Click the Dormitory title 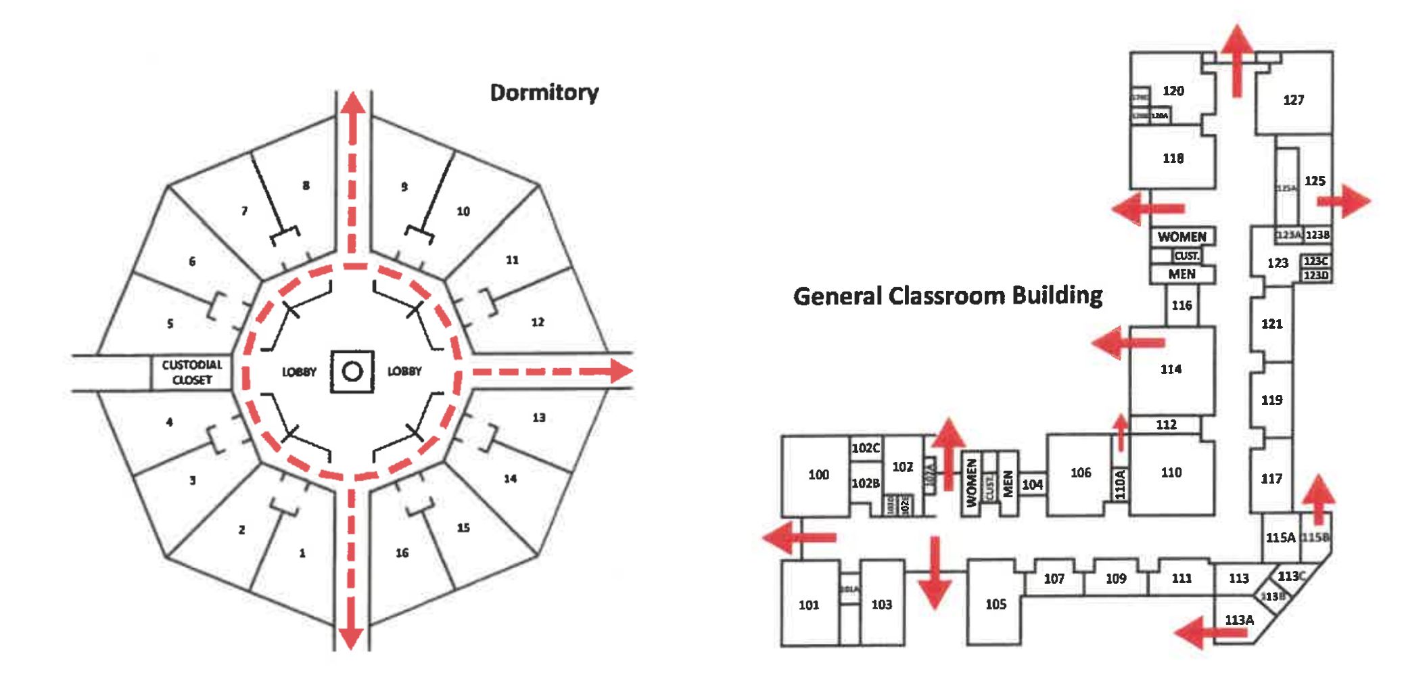544,93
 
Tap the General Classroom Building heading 947,296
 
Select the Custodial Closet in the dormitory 191,372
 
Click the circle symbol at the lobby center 352,371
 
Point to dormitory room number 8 306,185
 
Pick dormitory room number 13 538,417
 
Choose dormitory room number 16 402,553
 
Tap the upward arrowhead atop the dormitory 352,103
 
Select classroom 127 1293,100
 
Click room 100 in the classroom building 818,474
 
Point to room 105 996,604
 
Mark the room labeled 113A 1239,620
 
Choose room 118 1173,158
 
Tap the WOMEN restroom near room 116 1181,237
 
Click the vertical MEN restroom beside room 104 1008,484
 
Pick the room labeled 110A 1120,484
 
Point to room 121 1271,324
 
